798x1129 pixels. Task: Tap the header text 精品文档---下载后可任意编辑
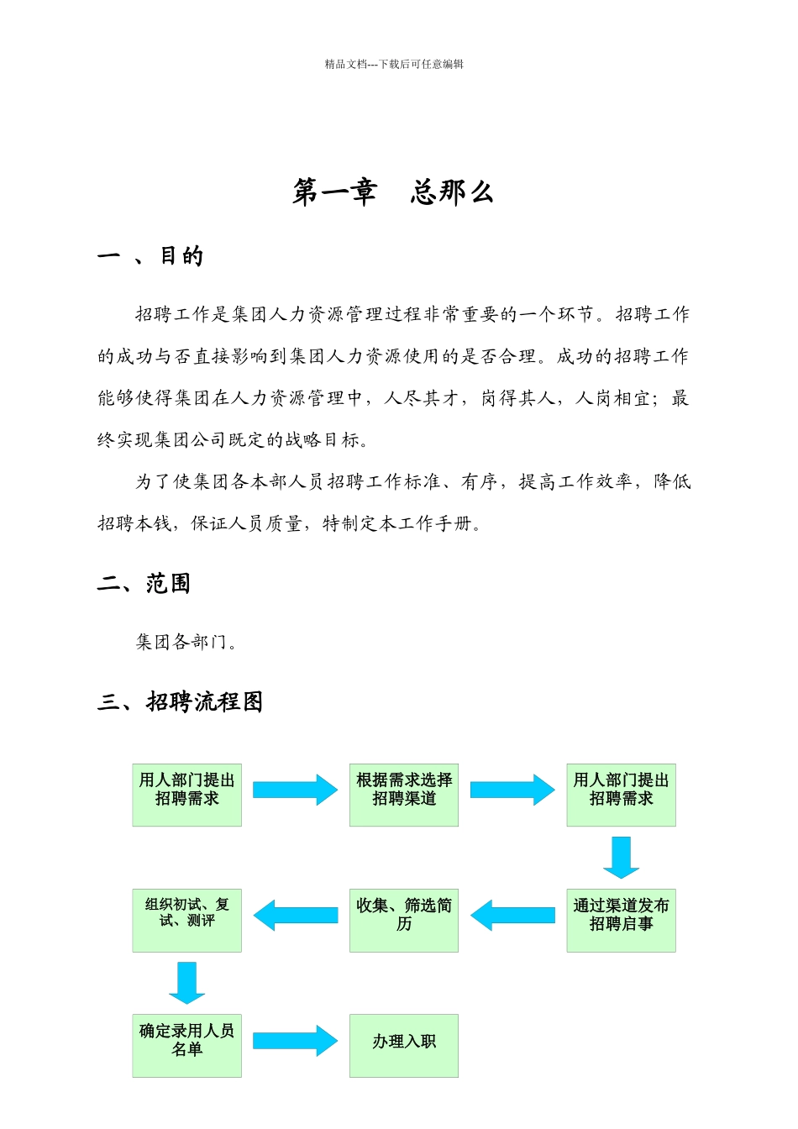click(x=394, y=64)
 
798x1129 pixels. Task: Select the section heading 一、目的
click(x=150, y=256)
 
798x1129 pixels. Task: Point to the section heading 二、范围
click(x=144, y=583)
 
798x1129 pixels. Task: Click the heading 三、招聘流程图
click(x=181, y=701)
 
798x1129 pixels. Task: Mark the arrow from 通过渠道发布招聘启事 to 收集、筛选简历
click(x=512, y=915)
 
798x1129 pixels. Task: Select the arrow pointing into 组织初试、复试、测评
click(x=295, y=915)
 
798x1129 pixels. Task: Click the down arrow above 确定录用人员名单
click(x=186, y=982)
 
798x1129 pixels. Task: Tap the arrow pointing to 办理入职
click(x=295, y=1041)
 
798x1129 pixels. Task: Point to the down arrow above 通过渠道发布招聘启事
click(x=621, y=857)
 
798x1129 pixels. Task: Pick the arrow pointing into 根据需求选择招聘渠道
click(x=295, y=790)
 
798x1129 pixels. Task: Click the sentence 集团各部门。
click(x=186, y=643)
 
